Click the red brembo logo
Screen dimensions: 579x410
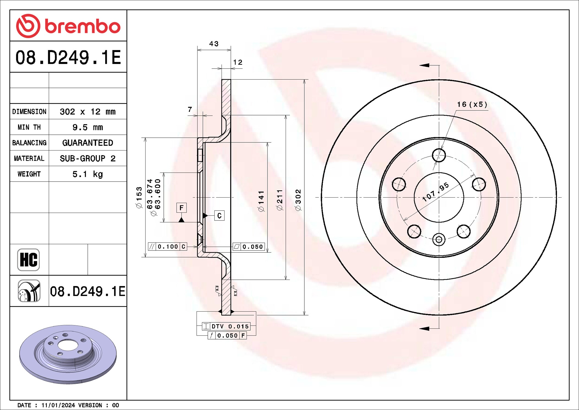pos(68,26)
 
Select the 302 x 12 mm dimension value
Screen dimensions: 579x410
pos(88,112)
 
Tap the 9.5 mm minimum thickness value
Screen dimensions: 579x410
pos(88,127)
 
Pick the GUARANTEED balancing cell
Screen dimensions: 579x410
pos(88,143)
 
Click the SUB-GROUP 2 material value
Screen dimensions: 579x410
pos(88,158)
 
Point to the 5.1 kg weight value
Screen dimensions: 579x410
pos(88,174)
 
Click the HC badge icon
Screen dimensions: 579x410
pos(29,260)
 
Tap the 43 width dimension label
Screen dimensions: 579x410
pos(214,44)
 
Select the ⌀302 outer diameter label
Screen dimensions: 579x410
pos(298,200)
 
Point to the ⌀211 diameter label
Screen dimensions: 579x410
pos(280,200)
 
